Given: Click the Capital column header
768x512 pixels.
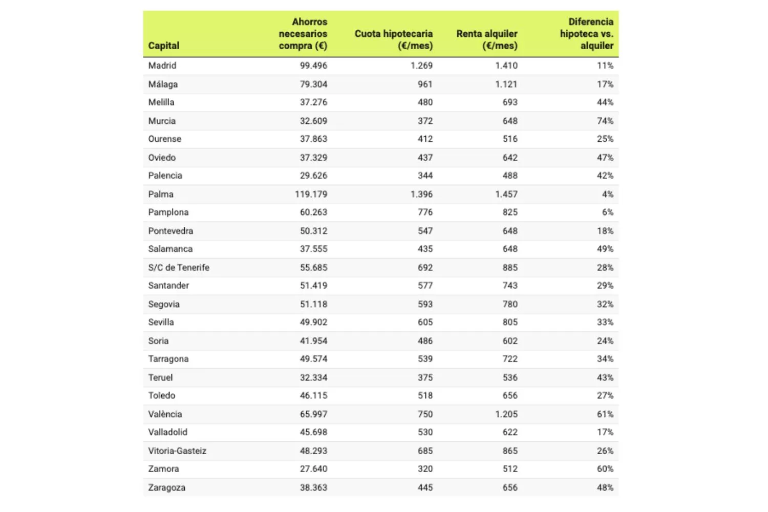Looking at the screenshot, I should click(x=164, y=46).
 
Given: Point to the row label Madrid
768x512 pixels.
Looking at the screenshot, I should click(x=162, y=66).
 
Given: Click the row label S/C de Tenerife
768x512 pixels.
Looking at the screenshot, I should click(x=179, y=267).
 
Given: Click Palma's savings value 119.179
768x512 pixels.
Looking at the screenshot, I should click(x=311, y=194).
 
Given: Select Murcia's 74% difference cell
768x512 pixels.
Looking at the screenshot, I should click(x=605, y=121).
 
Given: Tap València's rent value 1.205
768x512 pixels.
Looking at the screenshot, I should click(x=506, y=414).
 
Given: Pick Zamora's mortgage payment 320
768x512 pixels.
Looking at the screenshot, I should click(x=425, y=468).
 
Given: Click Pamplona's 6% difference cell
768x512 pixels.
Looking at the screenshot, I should click(x=607, y=212).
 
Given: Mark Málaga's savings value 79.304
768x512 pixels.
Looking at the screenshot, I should click(x=313, y=84).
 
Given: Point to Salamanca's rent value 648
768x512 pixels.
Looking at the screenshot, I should click(x=510, y=249).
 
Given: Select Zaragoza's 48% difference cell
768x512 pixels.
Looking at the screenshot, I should click(x=605, y=487).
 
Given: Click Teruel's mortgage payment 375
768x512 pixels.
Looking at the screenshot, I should click(x=425, y=377).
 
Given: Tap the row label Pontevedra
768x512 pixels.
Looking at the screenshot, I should click(x=170, y=231).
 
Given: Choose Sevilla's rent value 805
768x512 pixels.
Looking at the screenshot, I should click(x=510, y=322).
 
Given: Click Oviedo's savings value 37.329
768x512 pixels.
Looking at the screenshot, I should click(x=313, y=157).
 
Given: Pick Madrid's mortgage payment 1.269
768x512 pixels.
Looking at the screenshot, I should click(x=421, y=66).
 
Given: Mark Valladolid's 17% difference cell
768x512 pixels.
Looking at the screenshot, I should click(x=605, y=432).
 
